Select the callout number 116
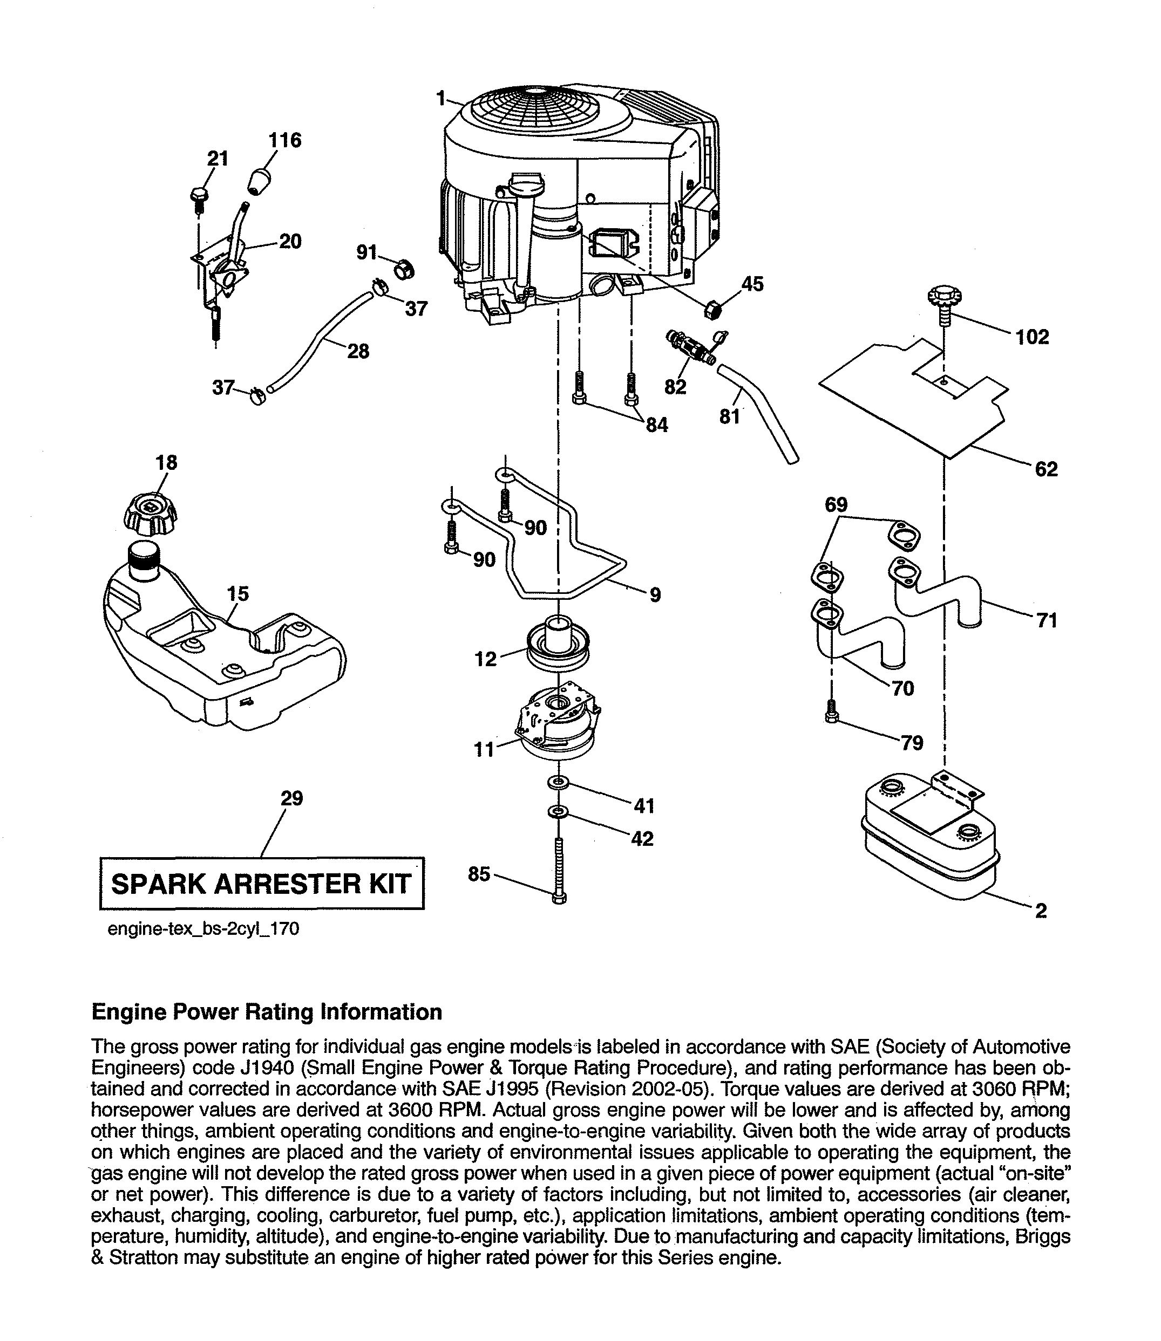(x=285, y=140)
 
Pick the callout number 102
(x=1033, y=337)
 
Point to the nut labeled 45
(x=714, y=310)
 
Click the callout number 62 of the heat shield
(x=1047, y=469)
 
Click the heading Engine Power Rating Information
(x=267, y=1012)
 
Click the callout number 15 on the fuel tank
(x=239, y=594)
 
